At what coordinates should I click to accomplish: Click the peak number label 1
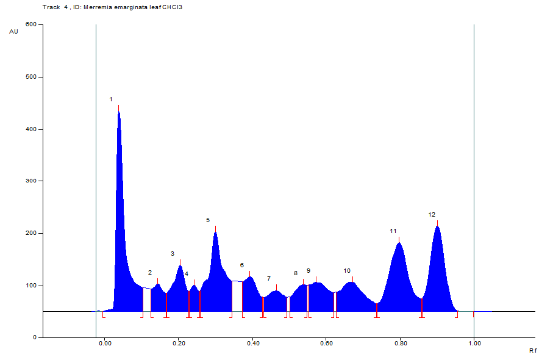[x=111, y=99]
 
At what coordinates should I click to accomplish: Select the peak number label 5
[x=207, y=220]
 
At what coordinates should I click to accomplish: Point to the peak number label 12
[x=432, y=214]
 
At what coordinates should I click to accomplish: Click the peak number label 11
[x=393, y=231]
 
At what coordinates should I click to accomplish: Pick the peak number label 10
[x=347, y=270]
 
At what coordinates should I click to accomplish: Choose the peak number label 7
[x=268, y=278]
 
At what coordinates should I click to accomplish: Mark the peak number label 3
[x=173, y=253]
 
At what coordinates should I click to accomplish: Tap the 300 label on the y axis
[x=30, y=181]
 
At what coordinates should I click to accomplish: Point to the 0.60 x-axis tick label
[x=326, y=344]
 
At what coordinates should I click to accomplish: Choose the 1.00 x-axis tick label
[x=474, y=344]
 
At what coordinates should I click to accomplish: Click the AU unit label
[x=13, y=31]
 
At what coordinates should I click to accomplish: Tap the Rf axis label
[x=532, y=351]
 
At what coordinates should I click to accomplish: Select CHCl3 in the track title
[x=174, y=7]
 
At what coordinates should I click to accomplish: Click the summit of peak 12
[x=437, y=226]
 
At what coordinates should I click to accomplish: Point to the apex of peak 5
[x=215, y=231]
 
